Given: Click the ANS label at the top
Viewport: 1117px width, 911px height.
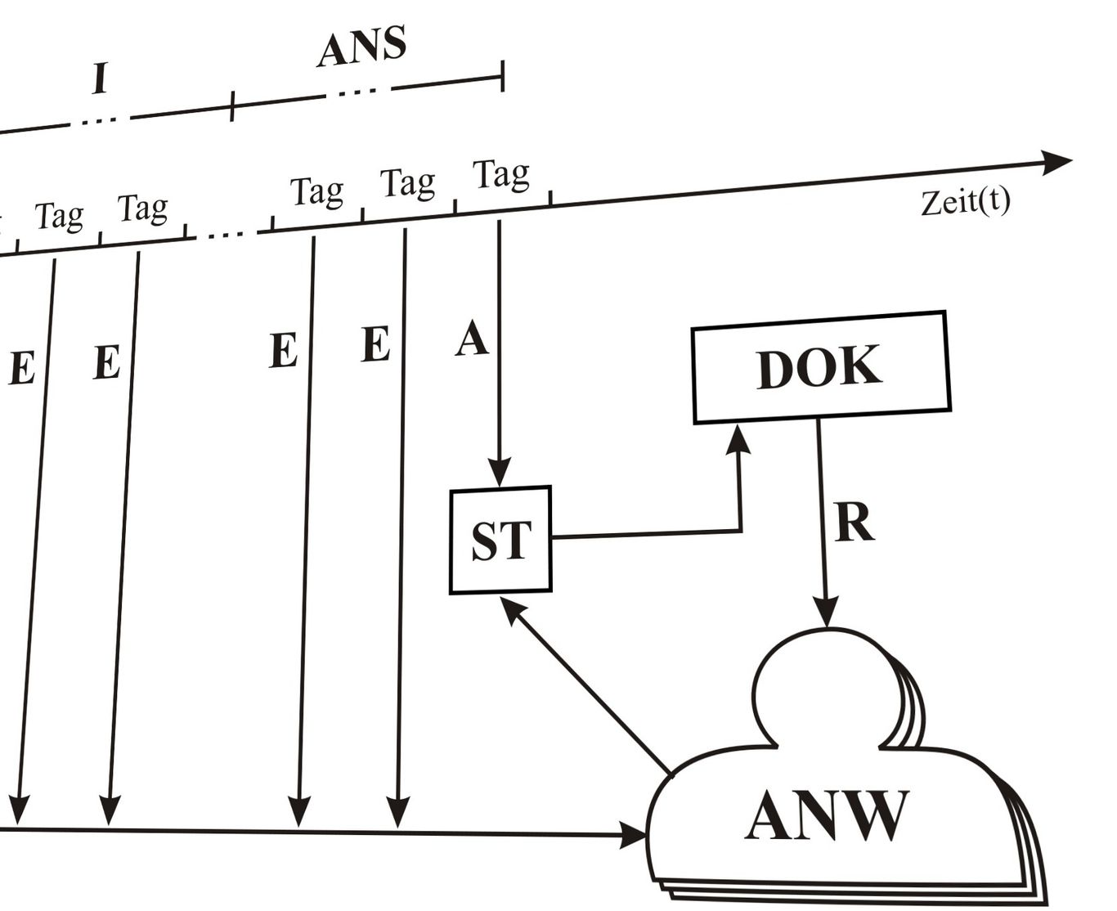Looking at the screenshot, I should pyautogui.click(x=361, y=47).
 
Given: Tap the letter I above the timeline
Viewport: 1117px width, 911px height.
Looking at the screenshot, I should pyautogui.click(x=101, y=79).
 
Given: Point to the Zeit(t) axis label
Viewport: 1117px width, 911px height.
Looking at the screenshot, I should pyautogui.click(x=965, y=201).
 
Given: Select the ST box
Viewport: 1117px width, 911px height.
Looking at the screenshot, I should pyautogui.click(x=500, y=540).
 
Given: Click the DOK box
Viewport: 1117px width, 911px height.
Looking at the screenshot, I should pyautogui.click(x=820, y=367).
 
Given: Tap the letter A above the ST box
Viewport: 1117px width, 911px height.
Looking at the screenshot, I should pyautogui.click(x=472, y=339).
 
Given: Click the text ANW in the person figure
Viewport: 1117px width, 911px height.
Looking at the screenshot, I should pyautogui.click(x=826, y=815).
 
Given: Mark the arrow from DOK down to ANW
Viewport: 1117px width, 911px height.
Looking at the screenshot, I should pyautogui.click(x=822, y=523).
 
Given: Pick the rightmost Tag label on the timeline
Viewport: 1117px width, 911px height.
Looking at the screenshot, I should pyautogui.click(x=501, y=174).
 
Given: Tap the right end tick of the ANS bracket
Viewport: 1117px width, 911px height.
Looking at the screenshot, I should pyautogui.click(x=502, y=76).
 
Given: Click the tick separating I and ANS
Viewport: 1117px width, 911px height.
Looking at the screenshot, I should pyautogui.click(x=232, y=106).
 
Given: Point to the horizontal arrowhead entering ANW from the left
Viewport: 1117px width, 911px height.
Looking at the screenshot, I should pyautogui.click(x=634, y=835).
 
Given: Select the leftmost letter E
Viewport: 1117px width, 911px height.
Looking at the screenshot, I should pyautogui.click(x=22, y=368).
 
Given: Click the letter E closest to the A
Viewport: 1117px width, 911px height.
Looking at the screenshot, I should pyautogui.click(x=375, y=344).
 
